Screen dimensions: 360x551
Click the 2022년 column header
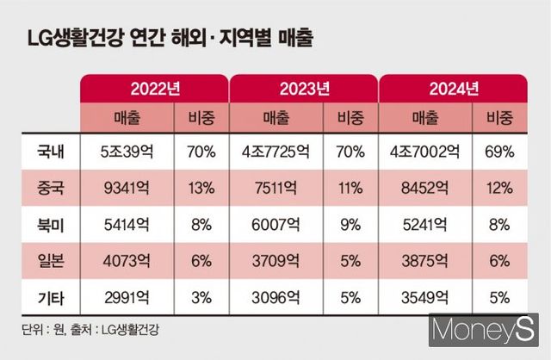tap(155, 90)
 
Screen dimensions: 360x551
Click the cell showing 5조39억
tap(127, 153)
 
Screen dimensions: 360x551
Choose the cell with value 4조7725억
tap(275, 153)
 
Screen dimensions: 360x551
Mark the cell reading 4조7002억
tap(424, 153)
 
